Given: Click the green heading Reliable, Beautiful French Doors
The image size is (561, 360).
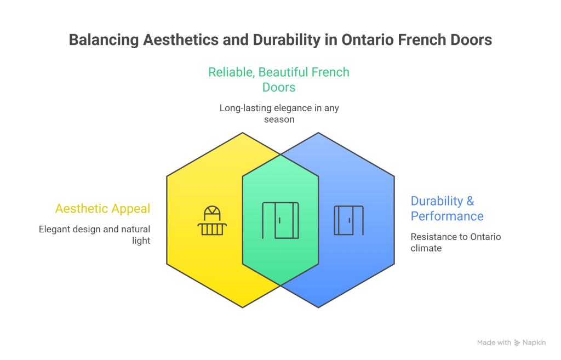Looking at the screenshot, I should pyautogui.click(x=279, y=79).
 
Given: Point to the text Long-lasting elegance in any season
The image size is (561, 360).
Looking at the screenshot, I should pyautogui.click(x=279, y=113).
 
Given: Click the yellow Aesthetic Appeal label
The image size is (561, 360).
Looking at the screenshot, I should pyautogui.click(x=102, y=208).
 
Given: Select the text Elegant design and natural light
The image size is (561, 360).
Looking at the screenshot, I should pyautogui.click(x=94, y=235).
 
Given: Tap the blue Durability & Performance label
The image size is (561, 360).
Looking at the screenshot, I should pyautogui.click(x=446, y=208).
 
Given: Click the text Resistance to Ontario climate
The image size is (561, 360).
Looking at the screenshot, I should pyautogui.click(x=456, y=242).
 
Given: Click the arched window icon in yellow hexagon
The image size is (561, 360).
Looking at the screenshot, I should pyautogui.click(x=211, y=221).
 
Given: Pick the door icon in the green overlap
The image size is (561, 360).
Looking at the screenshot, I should pyautogui.click(x=280, y=220).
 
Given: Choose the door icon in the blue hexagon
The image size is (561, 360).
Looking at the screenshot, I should pyautogui.click(x=348, y=220).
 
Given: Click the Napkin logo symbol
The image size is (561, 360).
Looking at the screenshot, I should pyautogui.click(x=517, y=342).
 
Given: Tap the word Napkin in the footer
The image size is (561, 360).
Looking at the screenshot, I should pyautogui.click(x=534, y=342).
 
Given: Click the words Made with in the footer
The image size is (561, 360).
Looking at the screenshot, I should pyautogui.click(x=494, y=342).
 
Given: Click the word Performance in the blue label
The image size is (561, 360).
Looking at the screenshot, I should pyautogui.click(x=446, y=216).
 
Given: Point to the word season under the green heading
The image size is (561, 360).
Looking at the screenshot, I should pyautogui.click(x=279, y=119).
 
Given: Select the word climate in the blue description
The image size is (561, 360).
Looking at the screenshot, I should pyautogui.click(x=426, y=248).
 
